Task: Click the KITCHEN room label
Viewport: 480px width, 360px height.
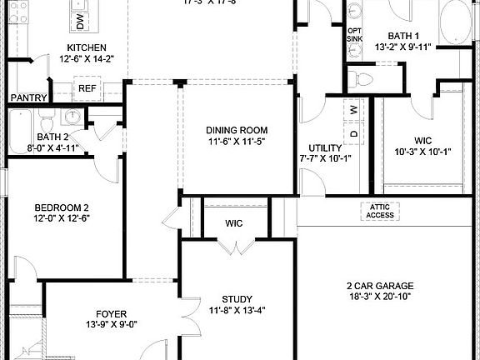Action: (87, 47)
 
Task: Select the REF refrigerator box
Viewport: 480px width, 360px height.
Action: (87, 87)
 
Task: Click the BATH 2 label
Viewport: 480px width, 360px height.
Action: (52, 137)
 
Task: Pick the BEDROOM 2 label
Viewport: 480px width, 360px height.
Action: (61, 207)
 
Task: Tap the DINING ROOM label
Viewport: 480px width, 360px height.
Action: (237, 130)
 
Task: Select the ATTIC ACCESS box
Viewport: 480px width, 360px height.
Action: (380, 212)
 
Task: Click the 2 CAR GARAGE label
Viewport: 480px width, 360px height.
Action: (379, 286)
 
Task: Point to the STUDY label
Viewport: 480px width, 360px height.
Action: (237, 300)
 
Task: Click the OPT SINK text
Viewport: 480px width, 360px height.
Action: (354, 35)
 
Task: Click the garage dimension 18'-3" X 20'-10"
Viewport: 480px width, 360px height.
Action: (379, 297)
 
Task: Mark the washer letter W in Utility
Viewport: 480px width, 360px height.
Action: (353, 109)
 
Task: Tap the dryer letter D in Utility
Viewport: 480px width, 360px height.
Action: (353, 133)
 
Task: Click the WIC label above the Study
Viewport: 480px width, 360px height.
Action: (234, 223)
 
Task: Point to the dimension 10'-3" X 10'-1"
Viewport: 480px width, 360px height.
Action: (422, 152)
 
